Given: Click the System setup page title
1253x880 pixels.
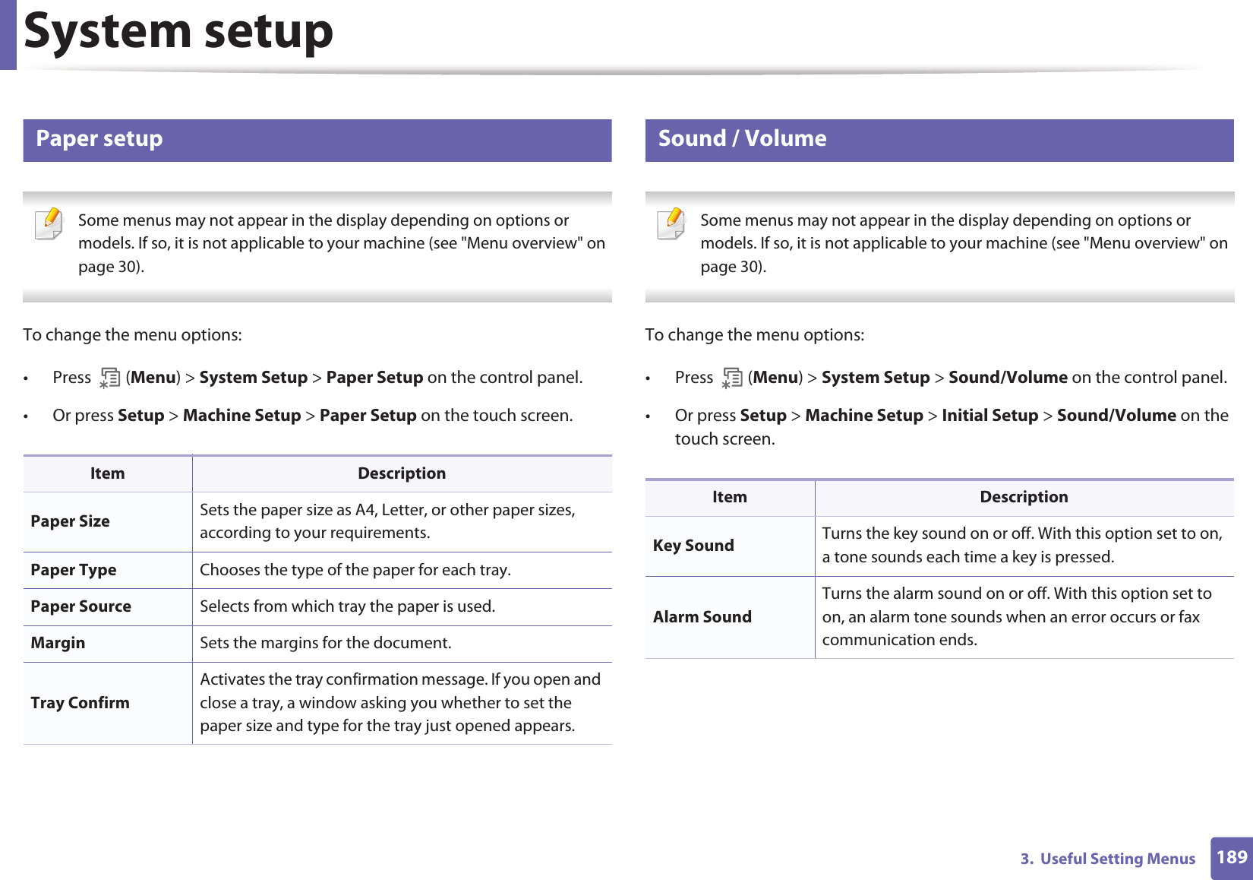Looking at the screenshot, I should coord(178,32).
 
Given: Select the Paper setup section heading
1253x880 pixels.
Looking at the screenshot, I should coord(99,138).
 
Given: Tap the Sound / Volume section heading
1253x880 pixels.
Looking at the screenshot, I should coord(742,138).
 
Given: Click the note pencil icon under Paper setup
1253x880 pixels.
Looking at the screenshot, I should coord(50,224).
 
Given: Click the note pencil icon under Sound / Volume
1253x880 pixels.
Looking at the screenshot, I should coord(672,224).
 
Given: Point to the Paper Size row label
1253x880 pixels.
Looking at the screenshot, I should coord(70,521).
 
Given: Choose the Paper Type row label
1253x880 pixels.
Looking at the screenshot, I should coord(74,570).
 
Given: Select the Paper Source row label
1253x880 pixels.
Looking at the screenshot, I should coord(80,606).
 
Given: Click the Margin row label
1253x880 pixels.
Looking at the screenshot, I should coord(58,643).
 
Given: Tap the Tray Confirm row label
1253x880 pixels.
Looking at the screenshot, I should coord(80,703).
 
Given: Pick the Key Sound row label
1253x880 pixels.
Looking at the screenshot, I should coord(693,546).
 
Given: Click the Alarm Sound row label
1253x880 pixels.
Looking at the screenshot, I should coord(702,617).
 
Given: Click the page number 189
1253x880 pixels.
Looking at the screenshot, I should coord(1231,857).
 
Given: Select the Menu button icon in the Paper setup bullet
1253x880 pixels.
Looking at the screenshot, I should coord(109,378).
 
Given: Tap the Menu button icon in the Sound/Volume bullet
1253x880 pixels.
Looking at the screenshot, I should coord(732,378).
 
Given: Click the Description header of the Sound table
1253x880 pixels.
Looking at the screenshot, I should coord(1024,497).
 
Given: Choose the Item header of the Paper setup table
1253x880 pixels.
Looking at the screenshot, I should coord(107,473).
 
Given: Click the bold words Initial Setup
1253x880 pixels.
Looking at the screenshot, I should coord(989,416).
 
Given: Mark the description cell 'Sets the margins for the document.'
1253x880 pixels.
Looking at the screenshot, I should coord(326,643).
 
